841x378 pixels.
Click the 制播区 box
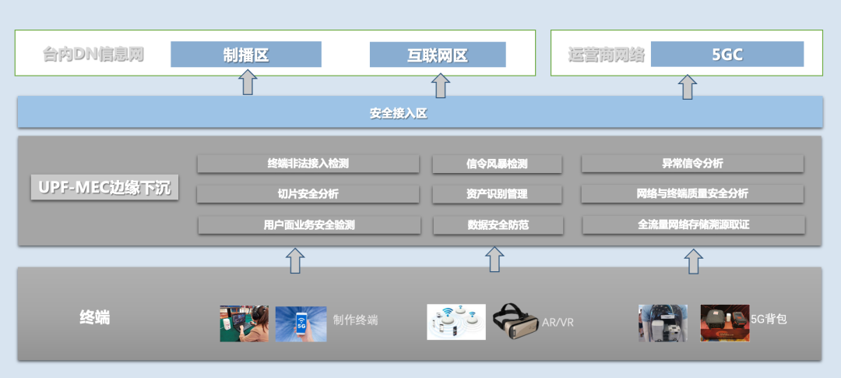(246, 55)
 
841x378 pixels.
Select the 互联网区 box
(438, 55)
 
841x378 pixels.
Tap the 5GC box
(727, 55)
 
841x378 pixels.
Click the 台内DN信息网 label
(93, 55)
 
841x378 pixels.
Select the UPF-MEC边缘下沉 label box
(105, 189)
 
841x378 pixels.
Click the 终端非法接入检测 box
(308, 164)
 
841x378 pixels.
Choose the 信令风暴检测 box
(497, 164)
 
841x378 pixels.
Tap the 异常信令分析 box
(692, 164)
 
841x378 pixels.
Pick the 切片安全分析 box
(308, 194)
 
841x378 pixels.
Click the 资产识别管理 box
(497, 194)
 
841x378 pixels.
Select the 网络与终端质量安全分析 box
(692, 194)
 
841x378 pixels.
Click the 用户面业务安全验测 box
(308, 225)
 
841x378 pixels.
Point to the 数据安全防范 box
(498, 225)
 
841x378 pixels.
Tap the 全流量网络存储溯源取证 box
(693, 225)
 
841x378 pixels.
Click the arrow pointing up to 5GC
(688, 87)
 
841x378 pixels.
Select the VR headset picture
(516, 322)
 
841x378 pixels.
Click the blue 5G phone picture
(301, 323)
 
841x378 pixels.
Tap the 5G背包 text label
(769, 320)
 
